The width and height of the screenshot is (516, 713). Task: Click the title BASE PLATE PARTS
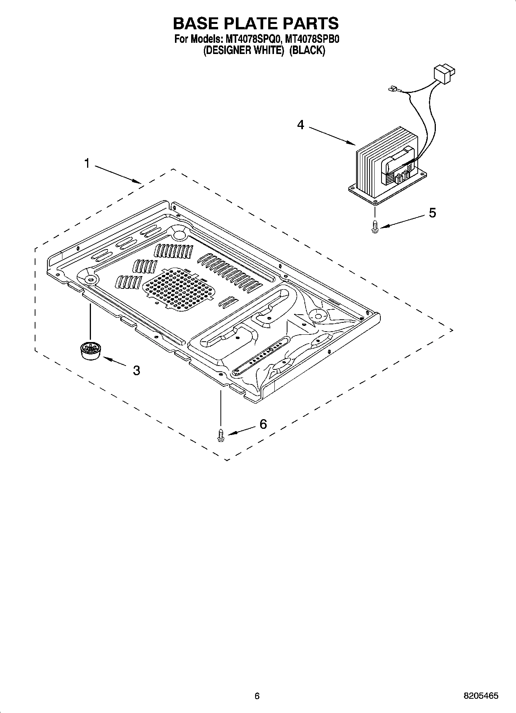[x=256, y=24]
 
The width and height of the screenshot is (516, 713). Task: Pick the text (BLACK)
[x=307, y=51]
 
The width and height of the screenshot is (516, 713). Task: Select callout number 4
[x=300, y=125]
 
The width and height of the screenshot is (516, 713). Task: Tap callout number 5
[x=432, y=212]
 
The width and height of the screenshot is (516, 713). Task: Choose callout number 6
[x=263, y=424]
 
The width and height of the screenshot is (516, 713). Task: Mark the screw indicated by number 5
[x=375, y=226]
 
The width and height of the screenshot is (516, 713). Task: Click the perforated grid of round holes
[x=178, y=290]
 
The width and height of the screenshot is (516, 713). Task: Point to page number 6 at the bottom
[x=257, y=696]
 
